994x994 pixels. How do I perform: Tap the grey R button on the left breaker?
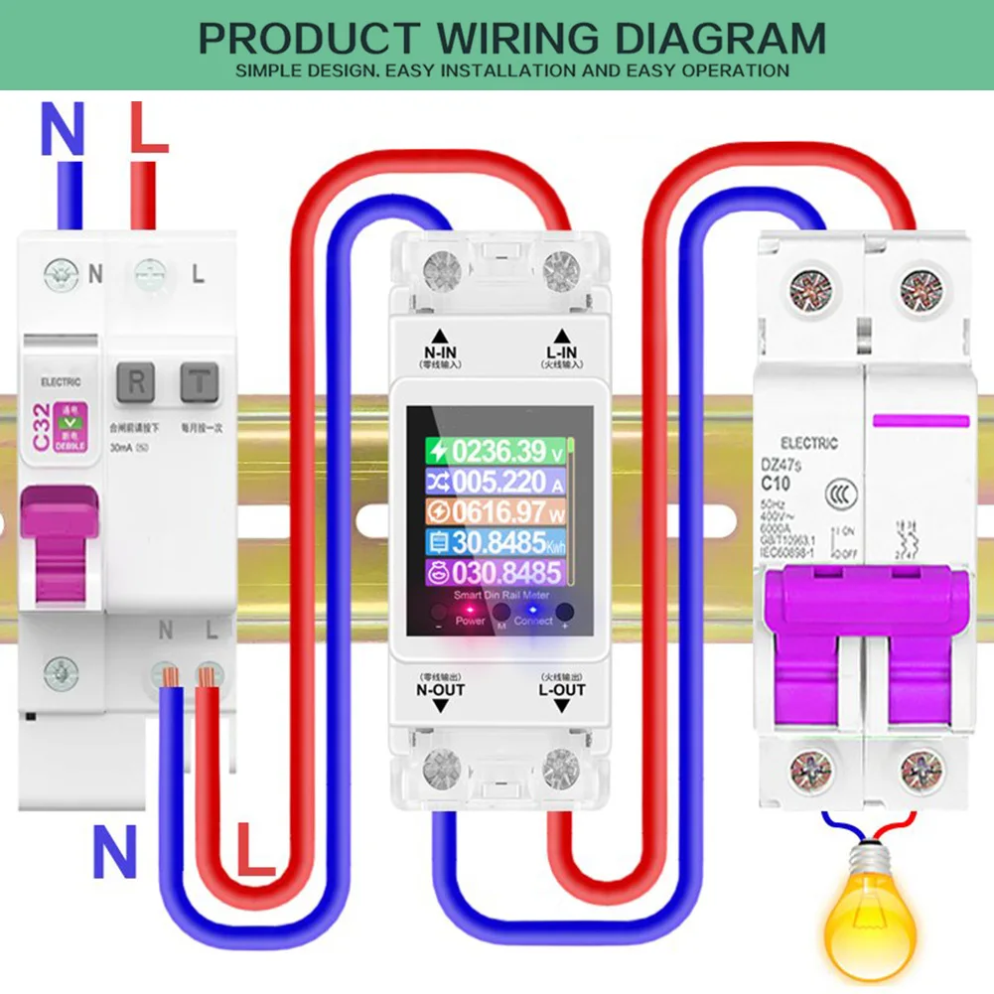(x=136, y=380)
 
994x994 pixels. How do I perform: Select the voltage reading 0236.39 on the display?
(x=496, y=451)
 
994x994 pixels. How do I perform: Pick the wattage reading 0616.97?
(x=496, y=512)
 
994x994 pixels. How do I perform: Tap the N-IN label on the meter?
(x=439, y=352)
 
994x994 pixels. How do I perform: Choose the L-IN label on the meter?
(x=560, y=352)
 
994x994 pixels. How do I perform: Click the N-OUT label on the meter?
(x=441, y=689)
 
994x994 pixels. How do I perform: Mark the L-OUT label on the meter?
(x=561, y=689)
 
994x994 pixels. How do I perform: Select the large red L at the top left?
(x=149, y=129)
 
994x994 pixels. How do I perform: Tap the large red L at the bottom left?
(x=257, y=851)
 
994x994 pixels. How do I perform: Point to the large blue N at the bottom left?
(x=115, y=851)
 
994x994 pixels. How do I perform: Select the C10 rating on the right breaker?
(x=776, y=485)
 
